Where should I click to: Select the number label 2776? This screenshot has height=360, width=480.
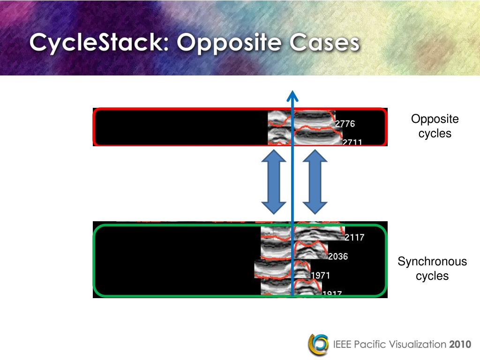pyautogui.click(x=345, y=124)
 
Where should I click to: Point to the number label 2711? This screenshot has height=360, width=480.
pyautogui.click(x=352, y=142)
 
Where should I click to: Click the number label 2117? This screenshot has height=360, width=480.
pyautogui.click(x=354, y=238)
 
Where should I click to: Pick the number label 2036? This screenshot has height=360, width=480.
pyautogui.click(x=338, y=256)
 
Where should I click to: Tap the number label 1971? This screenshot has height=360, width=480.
pyautogui.click(x=321, y=275)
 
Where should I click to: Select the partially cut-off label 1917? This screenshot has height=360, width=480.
pyautogui.click(x=332, y=294)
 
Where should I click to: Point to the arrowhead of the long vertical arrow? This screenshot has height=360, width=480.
pyautogui.click(x=292, y=95)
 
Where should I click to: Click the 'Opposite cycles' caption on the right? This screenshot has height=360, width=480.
pyautogui.click(x=435, y=126)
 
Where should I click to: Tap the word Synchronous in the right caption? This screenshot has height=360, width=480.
pyautogui.click(x=432, y=262)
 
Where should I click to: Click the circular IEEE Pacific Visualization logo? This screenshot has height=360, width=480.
pyautogui.click(x=318, y=345)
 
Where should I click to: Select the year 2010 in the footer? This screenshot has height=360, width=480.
pyautogui.click(x=459, y=345)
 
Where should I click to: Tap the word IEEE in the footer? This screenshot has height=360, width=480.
pyautogui.click(x=343, y=345)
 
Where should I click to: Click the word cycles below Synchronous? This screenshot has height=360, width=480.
pyautogui.click(x=432, y=276)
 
